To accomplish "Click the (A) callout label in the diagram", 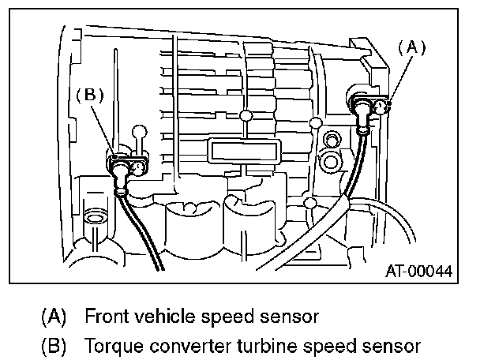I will click(x=411, y=47).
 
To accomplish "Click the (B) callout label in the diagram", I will click(x=89, y=94).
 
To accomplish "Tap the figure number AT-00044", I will click(x=419, y=271).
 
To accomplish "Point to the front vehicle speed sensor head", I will click(x=365, y=105).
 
